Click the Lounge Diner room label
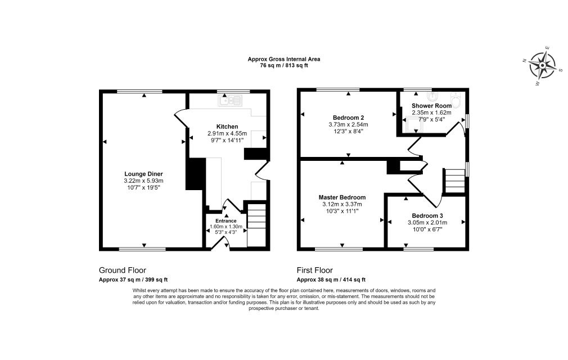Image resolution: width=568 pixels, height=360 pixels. pyautogui.click(x=143, y=174)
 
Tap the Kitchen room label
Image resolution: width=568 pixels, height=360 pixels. pyautogui.click(x=227, y=127)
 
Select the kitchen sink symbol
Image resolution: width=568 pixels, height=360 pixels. pyautogui.click(x=230, y=100)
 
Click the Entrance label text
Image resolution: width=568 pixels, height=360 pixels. pyautogui.click(x=226, y=221)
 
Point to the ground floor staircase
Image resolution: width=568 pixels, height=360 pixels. pyautogui.click(x=256, y=225)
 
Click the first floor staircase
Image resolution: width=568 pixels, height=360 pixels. pyautogui.click(x=454, y=181)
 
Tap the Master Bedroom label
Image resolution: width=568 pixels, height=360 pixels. pyautogui.click(x=342, y=197)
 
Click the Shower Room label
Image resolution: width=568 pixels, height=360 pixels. pyautogui.click(x=431, y=106)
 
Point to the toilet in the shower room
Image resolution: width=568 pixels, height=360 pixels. pyautogui.click(x=455, y=100)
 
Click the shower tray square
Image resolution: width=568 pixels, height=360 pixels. pyautogui.click(x=412, y=124)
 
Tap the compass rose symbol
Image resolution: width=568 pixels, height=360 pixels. pyautogui.click(x=542, y=65)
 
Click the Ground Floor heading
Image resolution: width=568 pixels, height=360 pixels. pyautogui.click(x=123, y=270)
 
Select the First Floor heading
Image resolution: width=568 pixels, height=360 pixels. pyautogui.click(x=314, y=270)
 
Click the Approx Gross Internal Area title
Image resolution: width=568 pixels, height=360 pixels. pyautogui.click(x=283, y=59)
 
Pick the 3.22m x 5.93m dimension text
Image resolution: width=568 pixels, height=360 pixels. pyautogui.click(x=143, y=181)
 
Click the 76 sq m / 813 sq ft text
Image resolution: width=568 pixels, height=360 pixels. pyautogui.click(x=283, y=66)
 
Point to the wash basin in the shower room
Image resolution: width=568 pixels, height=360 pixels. pyautogui.click(x=432, y=96)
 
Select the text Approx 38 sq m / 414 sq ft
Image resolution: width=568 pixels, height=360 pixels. pyautogui.click(x=331, y=280)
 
